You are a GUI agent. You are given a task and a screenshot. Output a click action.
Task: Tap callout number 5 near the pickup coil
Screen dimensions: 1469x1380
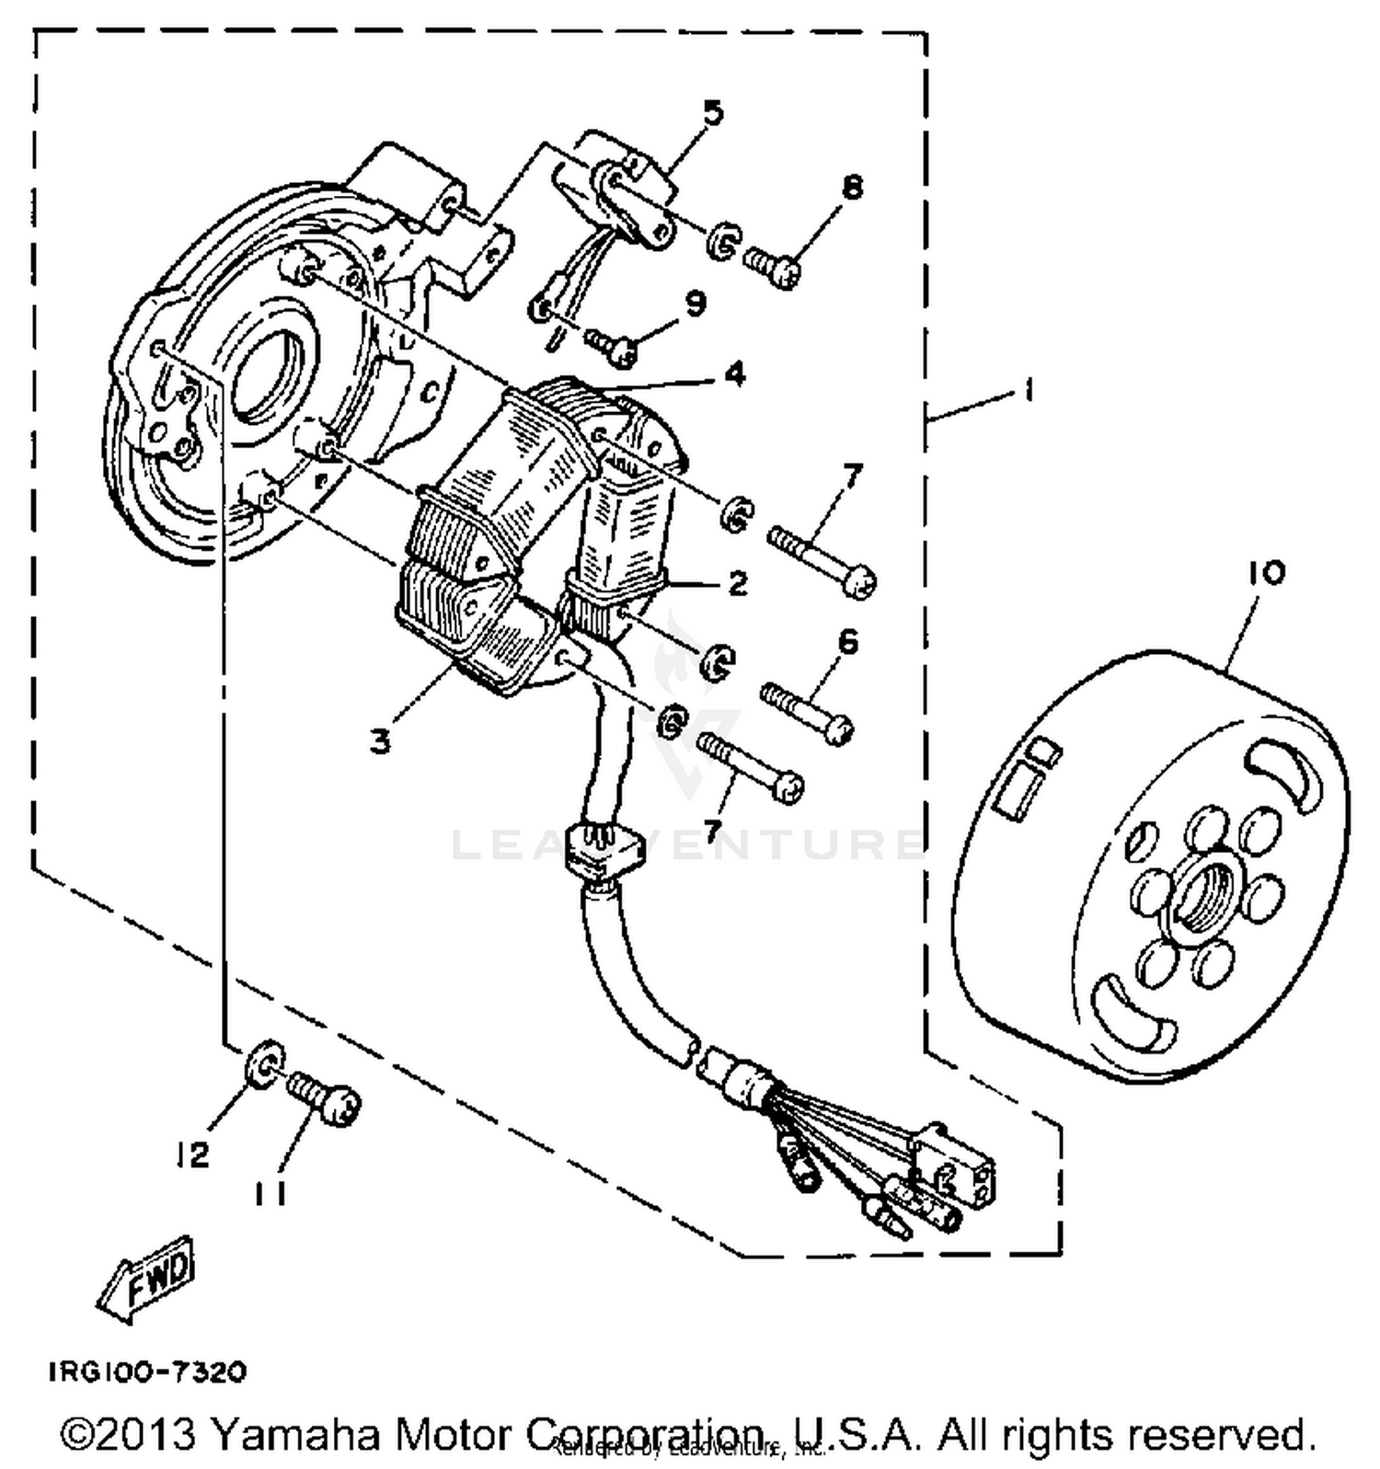(713, 114)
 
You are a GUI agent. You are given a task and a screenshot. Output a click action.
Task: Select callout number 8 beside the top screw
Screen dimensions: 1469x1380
(852, 189)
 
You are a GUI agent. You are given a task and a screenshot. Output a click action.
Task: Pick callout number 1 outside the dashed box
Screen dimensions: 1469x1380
(1029, 391)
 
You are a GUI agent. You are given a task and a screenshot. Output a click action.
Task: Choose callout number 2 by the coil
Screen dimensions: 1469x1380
(737, 583)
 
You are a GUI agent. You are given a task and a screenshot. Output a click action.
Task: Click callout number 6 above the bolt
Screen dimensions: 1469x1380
(847, 641)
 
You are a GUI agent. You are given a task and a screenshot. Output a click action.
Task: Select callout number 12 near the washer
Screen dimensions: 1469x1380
(193, 1154)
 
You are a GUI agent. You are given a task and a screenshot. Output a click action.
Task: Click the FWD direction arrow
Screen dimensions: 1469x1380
(147, 1279)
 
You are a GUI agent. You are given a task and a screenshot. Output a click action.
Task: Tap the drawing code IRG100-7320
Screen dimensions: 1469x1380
(147, 1372)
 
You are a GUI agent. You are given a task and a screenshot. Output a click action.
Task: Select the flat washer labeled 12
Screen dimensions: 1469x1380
(264, 1063)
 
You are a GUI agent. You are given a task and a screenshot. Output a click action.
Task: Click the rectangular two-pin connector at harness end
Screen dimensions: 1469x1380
(954, 1166)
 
